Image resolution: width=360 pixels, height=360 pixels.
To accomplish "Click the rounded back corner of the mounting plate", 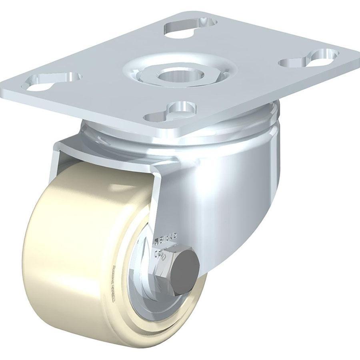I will coord(188,12).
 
